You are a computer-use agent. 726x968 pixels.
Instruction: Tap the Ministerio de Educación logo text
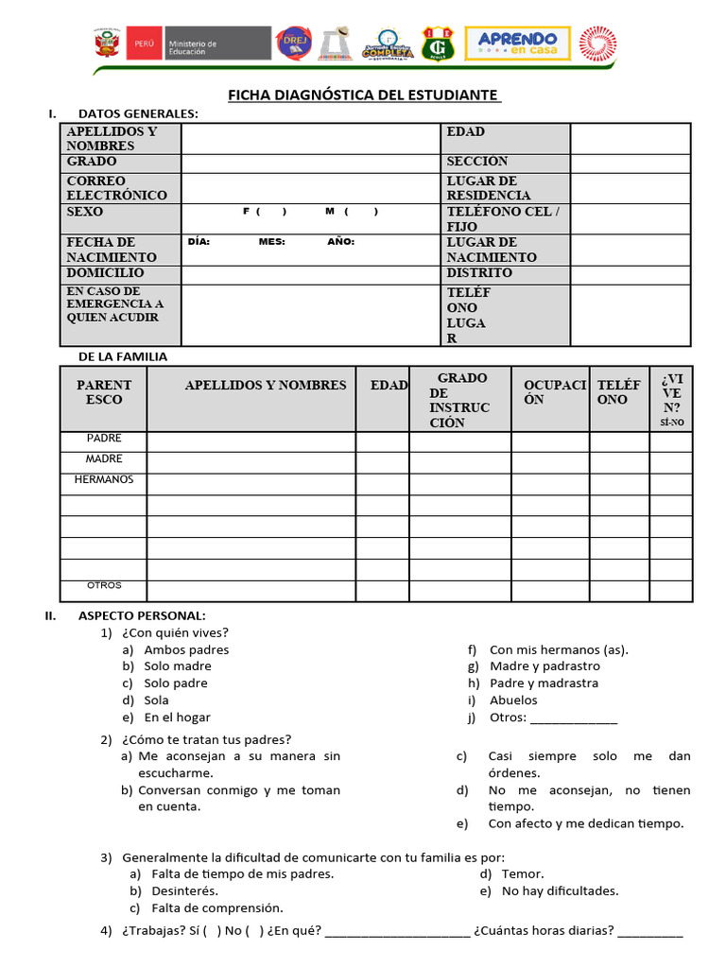coord(192,44)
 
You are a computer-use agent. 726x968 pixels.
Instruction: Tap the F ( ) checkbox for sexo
coord(265,211)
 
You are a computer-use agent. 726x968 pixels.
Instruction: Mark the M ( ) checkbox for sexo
coord(352,211)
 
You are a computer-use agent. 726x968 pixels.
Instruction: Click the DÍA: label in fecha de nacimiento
coord(199,242)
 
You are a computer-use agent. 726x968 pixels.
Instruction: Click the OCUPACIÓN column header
coord(550,392)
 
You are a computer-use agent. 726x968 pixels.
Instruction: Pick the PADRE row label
coord(104,439)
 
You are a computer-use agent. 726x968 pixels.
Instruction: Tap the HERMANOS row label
coord(104,479)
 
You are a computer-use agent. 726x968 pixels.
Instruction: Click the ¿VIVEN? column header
coord(671,397)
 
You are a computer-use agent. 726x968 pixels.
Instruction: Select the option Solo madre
coord(178,666)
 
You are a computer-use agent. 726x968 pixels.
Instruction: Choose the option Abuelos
coord(513,700)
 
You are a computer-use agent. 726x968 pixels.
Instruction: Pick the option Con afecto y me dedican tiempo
coord(585,823)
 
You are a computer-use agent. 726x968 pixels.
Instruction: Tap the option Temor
coord(523,873)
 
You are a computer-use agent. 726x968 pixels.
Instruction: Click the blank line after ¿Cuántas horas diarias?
coord(649,931)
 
